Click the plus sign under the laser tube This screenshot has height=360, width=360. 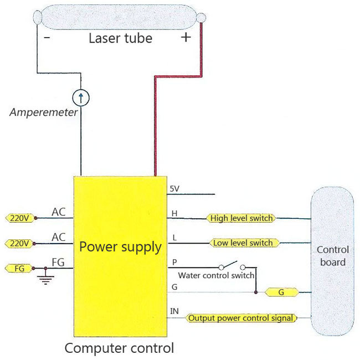tap(186, 37)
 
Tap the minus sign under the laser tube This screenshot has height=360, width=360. tap(47, 37)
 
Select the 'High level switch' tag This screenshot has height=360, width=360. tap(241, 218)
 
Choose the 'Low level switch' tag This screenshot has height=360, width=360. tap(244, 243)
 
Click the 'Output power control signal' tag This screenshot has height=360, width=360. tap(241, 318)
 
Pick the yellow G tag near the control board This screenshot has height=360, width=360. tap(282, 292)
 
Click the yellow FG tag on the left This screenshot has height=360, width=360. tap(19, 268)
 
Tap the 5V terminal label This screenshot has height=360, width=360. tap(174, 189)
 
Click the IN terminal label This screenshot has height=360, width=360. tap(174, 311)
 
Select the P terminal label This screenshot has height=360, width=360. tap(174, 262)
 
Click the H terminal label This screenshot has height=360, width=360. tap(174, 214)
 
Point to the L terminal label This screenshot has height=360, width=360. tap(174, 238)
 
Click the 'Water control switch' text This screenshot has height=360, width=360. tap(216, 275)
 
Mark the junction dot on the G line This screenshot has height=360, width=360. tap(256, 292)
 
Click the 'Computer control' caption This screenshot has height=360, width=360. tap(120, 348)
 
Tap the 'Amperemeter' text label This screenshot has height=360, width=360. tap(43, 112)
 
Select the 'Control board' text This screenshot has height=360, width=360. tap(333, 256)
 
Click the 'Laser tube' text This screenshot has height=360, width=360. tap(121, 38)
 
